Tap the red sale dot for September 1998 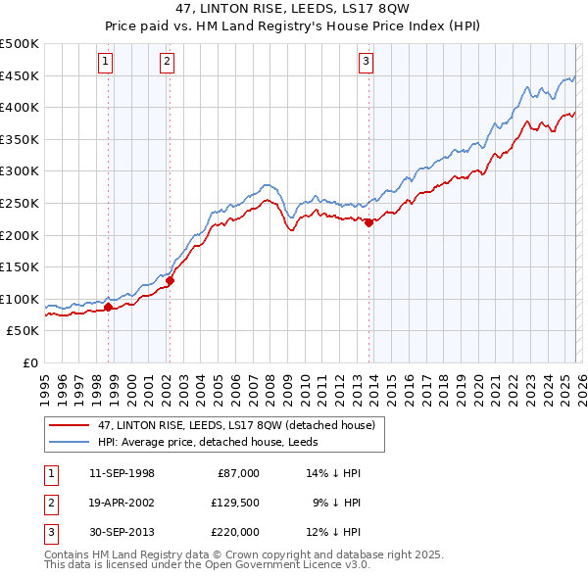point(108,308)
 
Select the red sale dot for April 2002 point(170,280)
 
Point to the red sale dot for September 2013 point(368,222)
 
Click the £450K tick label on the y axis point(20,75)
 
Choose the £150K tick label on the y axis point(20,266)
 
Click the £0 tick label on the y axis point(29,362)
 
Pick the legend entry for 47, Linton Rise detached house point(236,425)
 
